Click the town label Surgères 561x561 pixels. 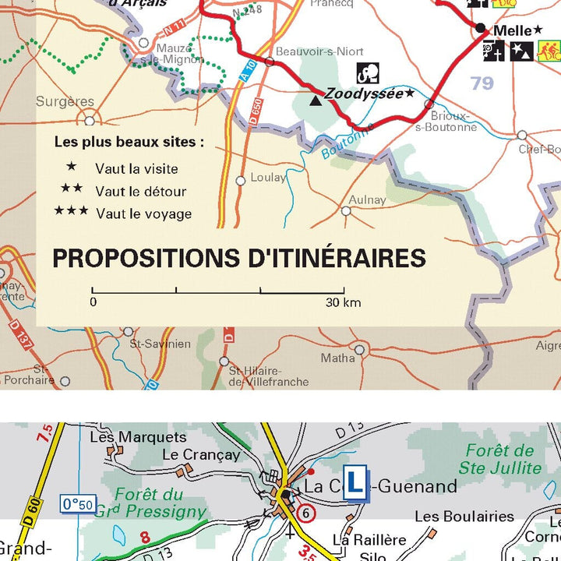65,101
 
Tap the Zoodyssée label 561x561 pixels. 364,93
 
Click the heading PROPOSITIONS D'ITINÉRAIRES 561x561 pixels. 239,258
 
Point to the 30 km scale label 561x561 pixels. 343,302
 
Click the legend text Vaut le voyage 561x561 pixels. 143,213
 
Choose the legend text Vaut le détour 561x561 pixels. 140,191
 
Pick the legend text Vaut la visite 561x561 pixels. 136,168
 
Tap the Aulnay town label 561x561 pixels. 368,199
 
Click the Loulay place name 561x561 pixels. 268,178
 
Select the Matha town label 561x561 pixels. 337,358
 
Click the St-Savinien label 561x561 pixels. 160,344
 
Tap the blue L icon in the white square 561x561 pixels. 355,483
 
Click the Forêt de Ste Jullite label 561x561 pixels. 499,459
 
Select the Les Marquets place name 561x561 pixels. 138,437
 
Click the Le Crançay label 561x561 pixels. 201,454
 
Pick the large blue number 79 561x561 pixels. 482,83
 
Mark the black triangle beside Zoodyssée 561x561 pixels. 316,100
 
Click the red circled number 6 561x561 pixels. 306,513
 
